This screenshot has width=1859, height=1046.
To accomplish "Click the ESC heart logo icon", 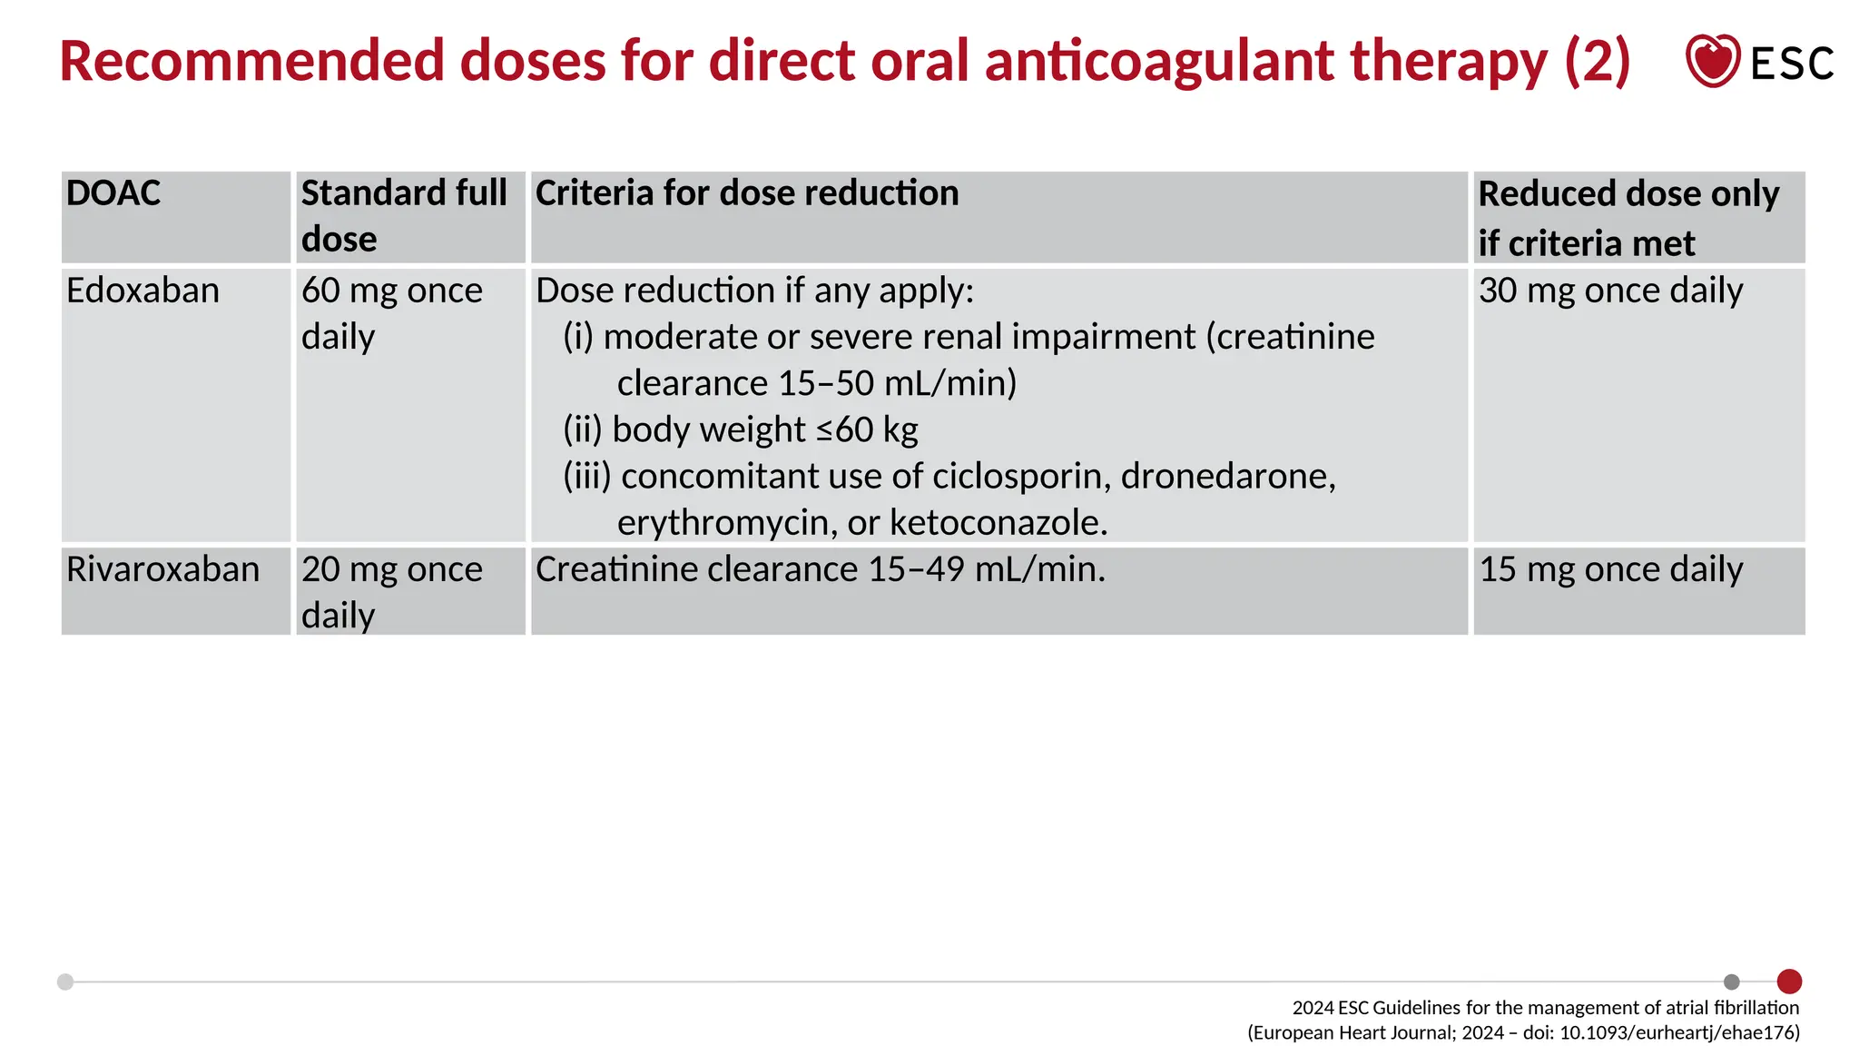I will click(x=1712, y=61).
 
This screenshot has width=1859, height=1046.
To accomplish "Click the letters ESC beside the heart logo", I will click(x=1792, y=64).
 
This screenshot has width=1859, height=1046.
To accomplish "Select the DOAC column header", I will click(x=113, y=193).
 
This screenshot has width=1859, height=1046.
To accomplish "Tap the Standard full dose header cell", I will click(x=404, y=216).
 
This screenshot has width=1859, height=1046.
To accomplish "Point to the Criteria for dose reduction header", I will click(x=747, y=193).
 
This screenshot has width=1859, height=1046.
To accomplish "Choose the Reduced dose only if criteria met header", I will click(x=1628, y=218).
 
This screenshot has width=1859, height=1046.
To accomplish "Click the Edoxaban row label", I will click(x=143, y=291).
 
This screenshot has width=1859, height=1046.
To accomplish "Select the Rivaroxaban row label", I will click(x=163, y=569).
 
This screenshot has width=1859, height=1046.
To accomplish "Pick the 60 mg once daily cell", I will click(x=392, y=313).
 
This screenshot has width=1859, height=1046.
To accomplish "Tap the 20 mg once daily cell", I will click(x=392, y=592).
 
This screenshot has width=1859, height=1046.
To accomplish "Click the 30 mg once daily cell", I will click(x=1611, y=291).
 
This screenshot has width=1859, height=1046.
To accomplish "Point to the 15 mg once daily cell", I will click(x=1611, y=569).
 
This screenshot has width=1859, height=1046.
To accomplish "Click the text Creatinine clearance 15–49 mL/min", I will click(x=821, y=569).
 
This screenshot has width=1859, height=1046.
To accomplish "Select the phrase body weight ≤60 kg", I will click(x=765, y=429).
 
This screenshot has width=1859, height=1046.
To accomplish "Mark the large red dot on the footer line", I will click(x=1789, y=982).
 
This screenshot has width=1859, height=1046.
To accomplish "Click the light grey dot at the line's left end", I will click(x=65, y=982).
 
